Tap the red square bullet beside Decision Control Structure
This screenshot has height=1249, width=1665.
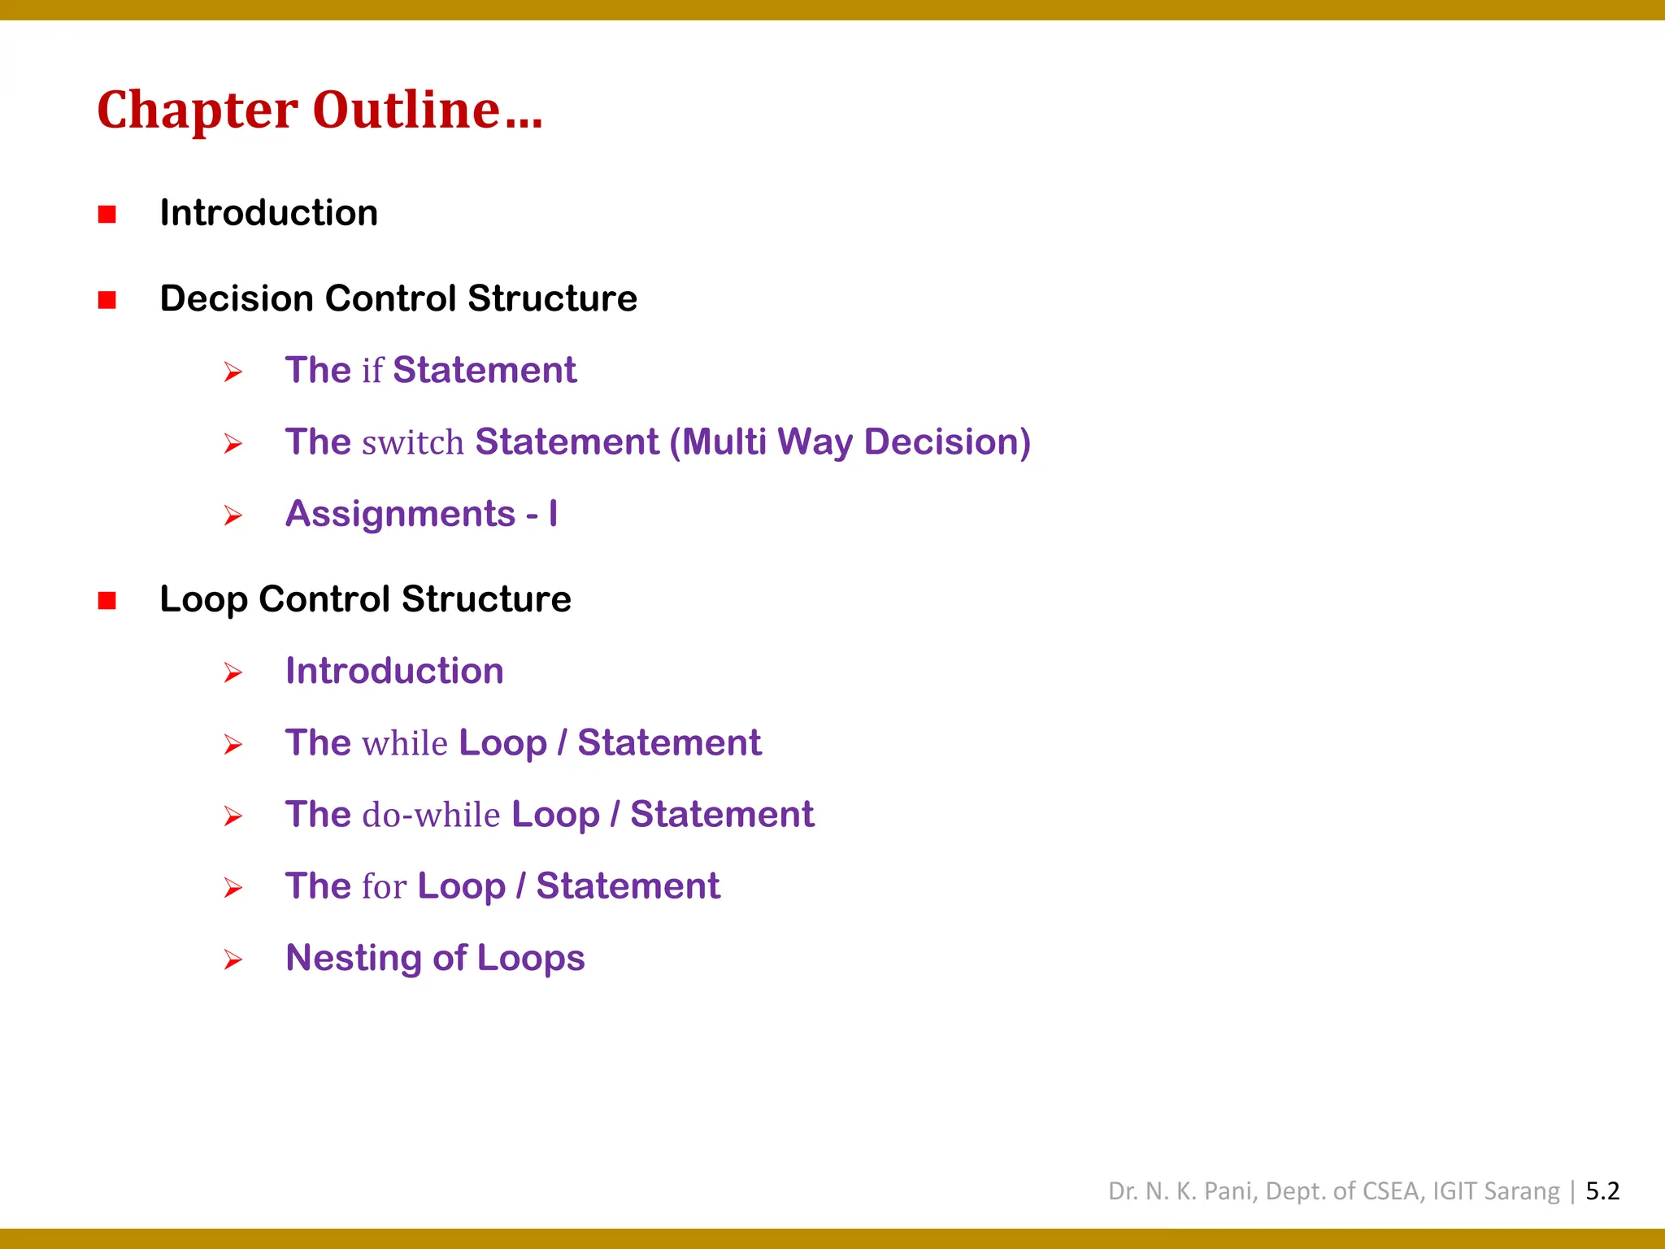107,300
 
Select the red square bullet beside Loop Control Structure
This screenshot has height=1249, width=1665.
107,600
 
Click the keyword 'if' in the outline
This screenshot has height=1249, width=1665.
372,371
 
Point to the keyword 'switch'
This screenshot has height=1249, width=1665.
413,442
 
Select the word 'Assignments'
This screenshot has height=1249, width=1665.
401,514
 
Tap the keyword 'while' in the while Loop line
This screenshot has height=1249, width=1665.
405,743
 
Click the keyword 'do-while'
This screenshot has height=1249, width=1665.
431,815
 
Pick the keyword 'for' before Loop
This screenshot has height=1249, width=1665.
385,886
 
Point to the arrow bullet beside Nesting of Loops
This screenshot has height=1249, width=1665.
233,960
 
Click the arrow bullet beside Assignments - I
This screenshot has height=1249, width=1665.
233,516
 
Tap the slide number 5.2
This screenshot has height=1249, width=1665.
1602,1191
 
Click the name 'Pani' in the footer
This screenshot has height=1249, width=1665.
1231,1191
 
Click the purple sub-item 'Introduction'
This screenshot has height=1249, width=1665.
394,671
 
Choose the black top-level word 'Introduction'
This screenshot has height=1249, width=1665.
269,213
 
